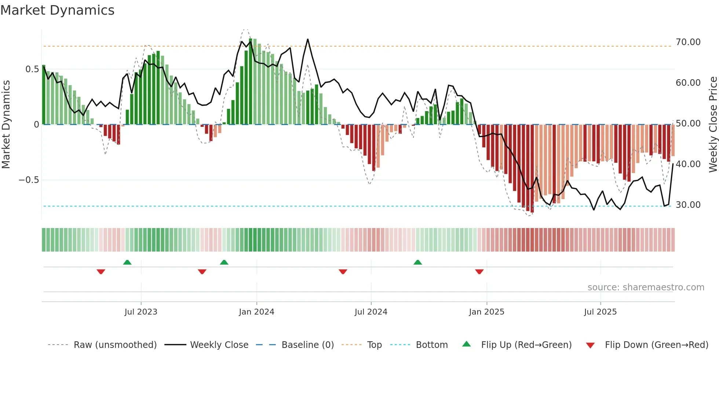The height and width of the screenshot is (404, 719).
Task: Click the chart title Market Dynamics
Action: [57, 10]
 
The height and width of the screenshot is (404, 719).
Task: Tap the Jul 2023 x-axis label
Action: [141, 312]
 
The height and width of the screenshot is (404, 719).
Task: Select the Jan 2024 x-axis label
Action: [256, 312]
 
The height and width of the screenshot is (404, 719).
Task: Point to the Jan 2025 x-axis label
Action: [486, 312]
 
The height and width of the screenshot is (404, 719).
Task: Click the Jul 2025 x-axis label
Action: [600, 312]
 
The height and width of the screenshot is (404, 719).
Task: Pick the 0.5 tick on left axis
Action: [32, 69]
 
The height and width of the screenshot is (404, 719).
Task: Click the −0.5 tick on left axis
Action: [29, 180]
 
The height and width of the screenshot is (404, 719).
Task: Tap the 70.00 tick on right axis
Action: [688, 42]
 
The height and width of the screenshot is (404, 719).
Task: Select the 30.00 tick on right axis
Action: [688, 205]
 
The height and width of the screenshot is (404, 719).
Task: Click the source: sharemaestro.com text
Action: [646, 287]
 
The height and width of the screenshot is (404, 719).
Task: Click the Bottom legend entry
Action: [431, 345]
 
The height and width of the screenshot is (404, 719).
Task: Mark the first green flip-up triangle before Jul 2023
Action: [127, 262]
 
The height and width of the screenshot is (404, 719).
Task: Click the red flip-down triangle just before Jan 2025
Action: [479, 272]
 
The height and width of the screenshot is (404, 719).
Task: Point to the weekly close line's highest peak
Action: [307, 39]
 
